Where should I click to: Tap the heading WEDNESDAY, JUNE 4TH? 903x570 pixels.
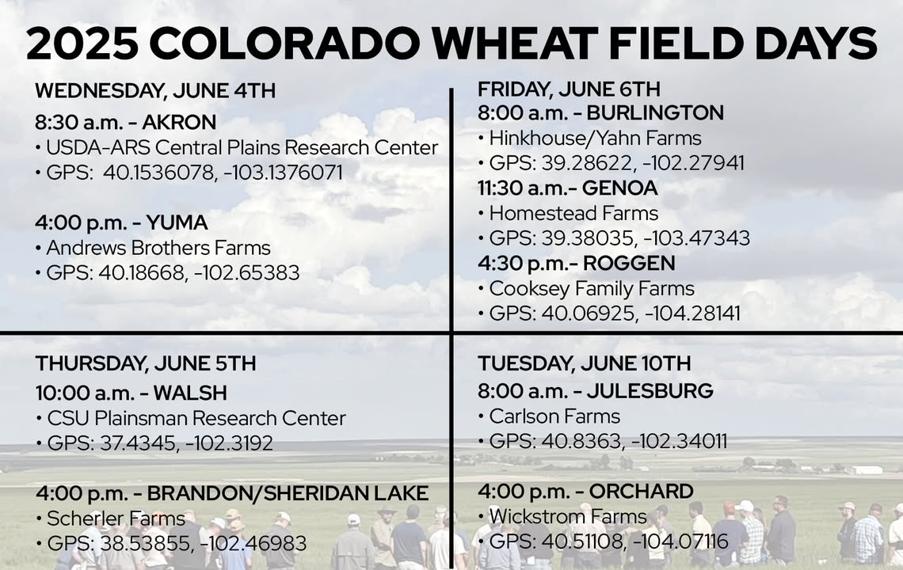(x=155, y=91)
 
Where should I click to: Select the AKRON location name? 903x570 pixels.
(x=179, y=122)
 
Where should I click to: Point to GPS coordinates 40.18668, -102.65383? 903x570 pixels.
(x=199, y=272)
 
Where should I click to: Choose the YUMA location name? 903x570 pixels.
(x=177, y=222)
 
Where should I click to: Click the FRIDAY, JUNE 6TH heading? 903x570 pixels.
(x=569, y=89)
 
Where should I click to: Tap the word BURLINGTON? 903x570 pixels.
(x=655, y=112)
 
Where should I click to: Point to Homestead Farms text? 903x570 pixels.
(x=573, y=213)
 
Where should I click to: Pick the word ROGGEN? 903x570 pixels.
(x=629, y=263)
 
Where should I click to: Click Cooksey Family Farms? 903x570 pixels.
(x=592, y=288)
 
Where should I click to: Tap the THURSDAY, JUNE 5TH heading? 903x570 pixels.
(x=146, y=364)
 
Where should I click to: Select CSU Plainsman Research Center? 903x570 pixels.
(x=196, y=418)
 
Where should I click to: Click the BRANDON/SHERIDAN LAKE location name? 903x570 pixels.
(x=288, y=493)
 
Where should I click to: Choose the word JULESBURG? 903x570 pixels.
(x=650, y=391)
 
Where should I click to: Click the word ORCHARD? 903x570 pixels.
(x=641, y=491)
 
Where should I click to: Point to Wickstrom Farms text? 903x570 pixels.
(x=568, y=516)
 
